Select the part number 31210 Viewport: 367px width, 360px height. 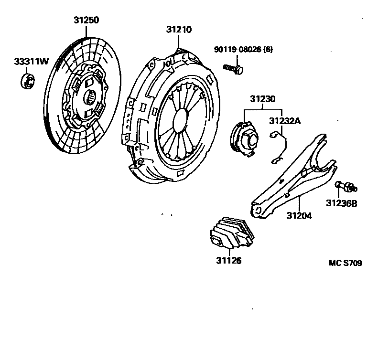[x=179, y=30]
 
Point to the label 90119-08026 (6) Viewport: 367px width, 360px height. [x=243, y=49]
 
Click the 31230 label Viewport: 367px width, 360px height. [x=263, y=100]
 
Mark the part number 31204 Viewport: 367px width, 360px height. [x=299, y=216]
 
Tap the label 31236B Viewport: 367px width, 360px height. [x=342, y=203]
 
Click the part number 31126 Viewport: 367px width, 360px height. [x=228, y=261]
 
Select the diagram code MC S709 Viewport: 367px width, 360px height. [x=345, y=263]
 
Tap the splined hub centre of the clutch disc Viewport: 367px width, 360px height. [x=91, y=99]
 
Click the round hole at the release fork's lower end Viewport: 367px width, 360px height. [x=257, y=211]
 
